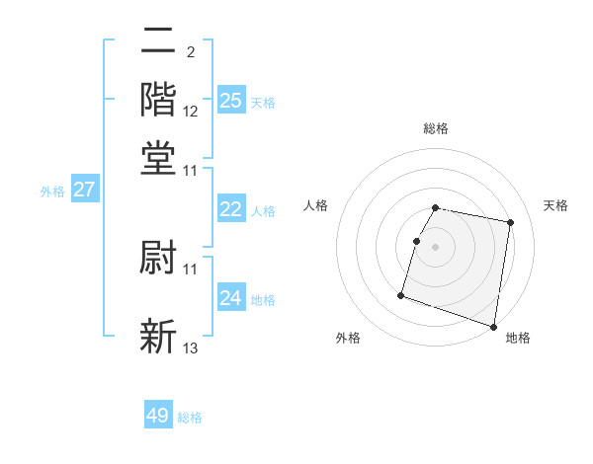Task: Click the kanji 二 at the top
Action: (x=158, y=43)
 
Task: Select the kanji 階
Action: (x=158, y=100)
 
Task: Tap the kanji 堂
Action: (x=158, y=157)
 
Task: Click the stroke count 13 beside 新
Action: (x=191, y=348)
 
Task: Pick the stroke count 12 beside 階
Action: (x=191, y=112)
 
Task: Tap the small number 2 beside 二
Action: (x=190, y=51)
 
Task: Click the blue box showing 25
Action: (x=230, y=100)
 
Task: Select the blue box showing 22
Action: (x=230, y=209)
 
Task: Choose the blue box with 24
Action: (x=230, y=298)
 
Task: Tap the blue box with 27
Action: (x=83, y=190)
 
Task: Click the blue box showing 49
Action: (x=158, y=416)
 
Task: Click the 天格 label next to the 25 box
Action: (x=263, y=102)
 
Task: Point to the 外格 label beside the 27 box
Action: (x=52, y=192)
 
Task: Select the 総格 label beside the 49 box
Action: (x=190, y=418)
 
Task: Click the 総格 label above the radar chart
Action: (x=436, y=128)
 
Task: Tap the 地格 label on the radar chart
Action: (x=518, y=338)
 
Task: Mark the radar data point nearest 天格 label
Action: (x=510, y=223)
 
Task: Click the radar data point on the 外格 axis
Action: (x=401, y=294)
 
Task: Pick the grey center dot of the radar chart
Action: (x=436, y=247)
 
